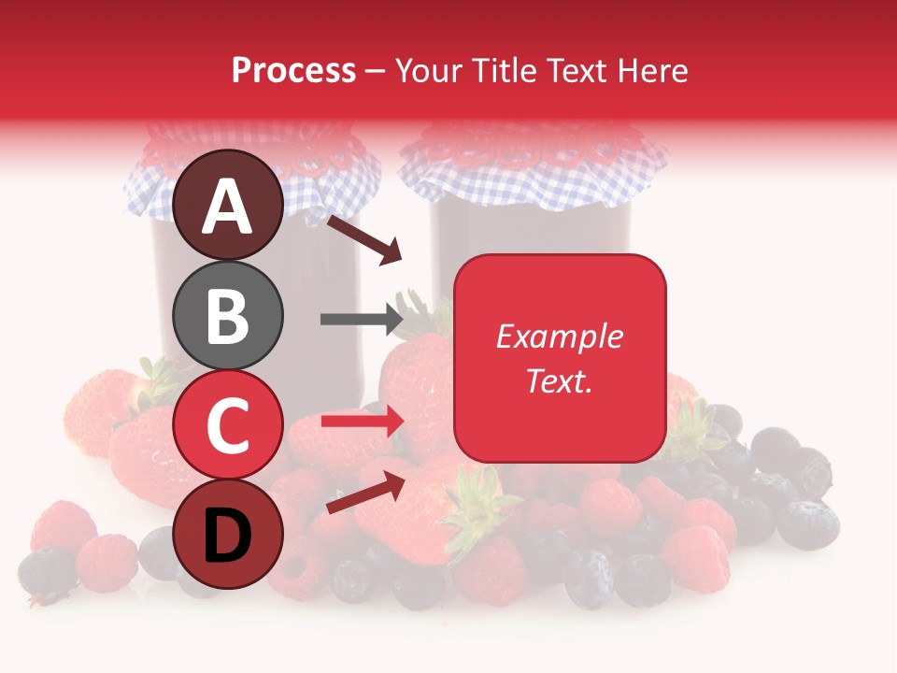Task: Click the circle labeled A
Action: click(x=229, y=205)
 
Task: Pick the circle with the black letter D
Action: click(x=229, y=534)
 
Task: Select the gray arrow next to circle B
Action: click(x=361, y=319)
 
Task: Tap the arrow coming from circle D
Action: click(x=365, y=493)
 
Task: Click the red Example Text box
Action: click(x=560, y=358)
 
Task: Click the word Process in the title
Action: click(x=293, y=70)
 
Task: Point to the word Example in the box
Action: click(x=560, y=336)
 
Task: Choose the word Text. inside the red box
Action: click(x=560, y=380)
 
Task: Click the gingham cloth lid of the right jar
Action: click(x=533, y=173)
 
